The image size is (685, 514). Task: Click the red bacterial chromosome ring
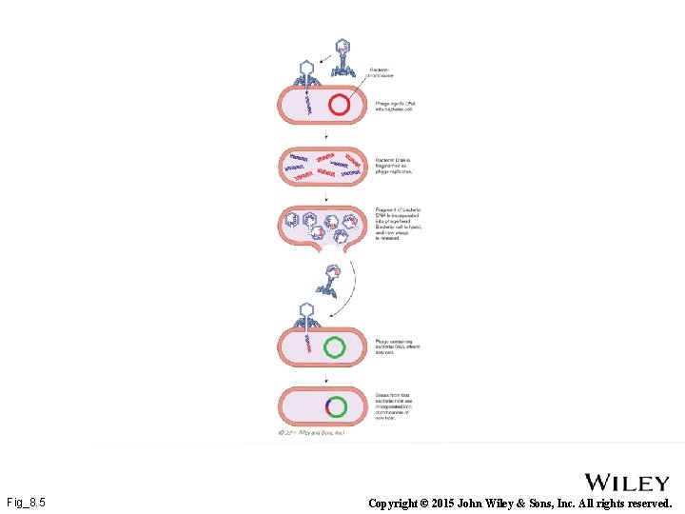pos(339,105)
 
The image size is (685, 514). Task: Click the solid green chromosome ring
pos(334,347)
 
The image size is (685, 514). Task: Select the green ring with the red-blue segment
pos(334,406)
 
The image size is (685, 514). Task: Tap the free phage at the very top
pos(342,57)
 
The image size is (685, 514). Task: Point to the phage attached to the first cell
pos(305,78)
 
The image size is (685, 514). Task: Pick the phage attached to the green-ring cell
pos(305,318)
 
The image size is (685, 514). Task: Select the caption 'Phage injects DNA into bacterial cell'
pos(394,106)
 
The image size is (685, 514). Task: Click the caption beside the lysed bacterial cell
pos(399,224)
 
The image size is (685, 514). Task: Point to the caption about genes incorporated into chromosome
pos(393,405)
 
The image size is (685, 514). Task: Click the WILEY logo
pos(626,483)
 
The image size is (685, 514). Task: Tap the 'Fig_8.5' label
pos(26,502)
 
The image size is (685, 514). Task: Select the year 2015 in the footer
pos(454,503)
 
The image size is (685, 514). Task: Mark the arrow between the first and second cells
pos(326,135)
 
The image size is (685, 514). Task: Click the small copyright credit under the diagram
pos(311,432)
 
